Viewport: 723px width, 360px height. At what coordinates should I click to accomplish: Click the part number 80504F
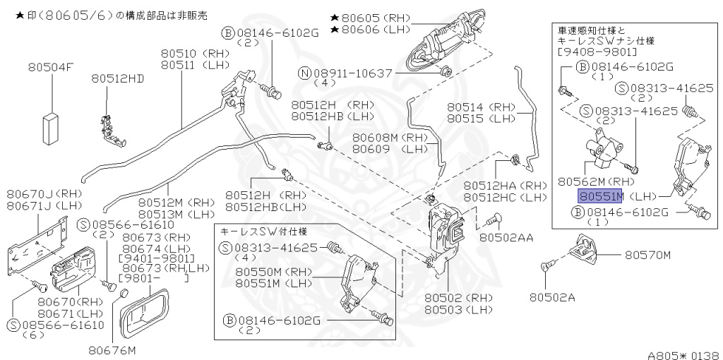point(51,67)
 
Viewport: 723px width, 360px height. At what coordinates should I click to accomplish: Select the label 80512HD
point(117,78)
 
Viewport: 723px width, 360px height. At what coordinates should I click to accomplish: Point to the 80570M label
point(647,254)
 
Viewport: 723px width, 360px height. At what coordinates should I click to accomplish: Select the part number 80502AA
point(508,238)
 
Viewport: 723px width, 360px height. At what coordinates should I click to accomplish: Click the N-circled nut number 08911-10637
point(352,72)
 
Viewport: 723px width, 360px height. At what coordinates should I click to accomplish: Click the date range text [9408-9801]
point(597,52)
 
